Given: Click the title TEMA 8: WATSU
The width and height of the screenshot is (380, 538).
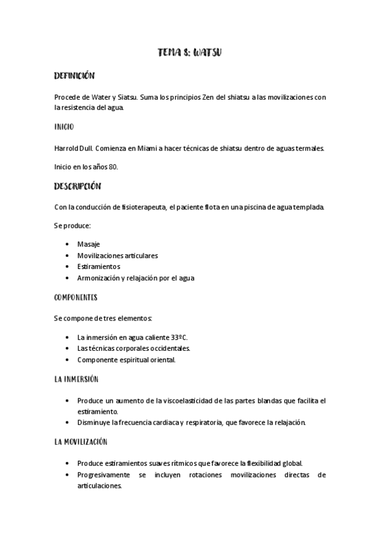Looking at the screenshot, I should click(x=189, y=53).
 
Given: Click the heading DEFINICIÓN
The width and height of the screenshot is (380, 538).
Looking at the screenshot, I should click(x=74, y=76).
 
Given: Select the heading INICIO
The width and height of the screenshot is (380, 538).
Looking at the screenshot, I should click(x=63, y=127).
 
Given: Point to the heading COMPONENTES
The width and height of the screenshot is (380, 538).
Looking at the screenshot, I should click(x=75, y=297).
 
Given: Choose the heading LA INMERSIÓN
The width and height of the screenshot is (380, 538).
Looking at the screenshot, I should click(x=76, y=379).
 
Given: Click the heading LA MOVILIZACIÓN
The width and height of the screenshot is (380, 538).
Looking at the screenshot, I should click(x=81, y=442).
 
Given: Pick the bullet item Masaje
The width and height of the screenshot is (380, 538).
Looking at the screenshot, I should click(x=88, y=244).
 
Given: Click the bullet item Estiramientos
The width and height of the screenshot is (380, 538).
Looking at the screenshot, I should click(x=99, y=266).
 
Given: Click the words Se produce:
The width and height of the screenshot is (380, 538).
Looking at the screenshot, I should click(x=72, y=226).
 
